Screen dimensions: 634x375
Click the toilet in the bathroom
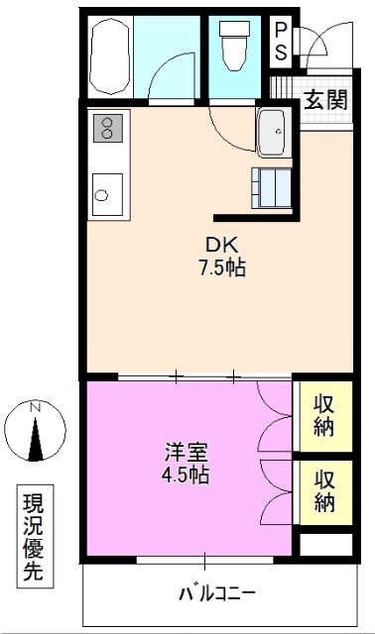tap(236, 48)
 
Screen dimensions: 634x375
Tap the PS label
tap(281, 43)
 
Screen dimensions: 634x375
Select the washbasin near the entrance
tap(272, 133)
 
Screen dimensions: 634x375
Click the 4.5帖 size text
tap(187, 475)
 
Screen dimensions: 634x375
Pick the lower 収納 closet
tap(323, 490)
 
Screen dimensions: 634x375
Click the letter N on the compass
tap(36, 407)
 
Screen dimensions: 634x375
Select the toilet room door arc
tap(226, 121)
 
